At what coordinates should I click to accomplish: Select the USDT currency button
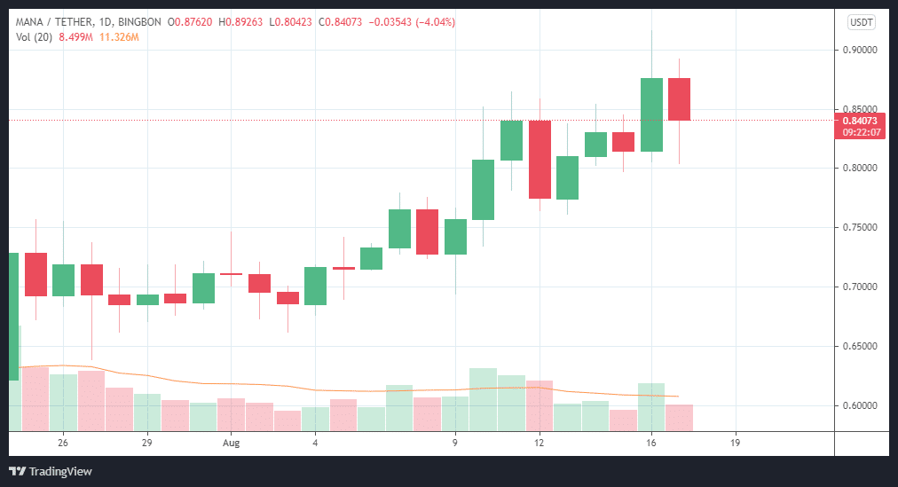(x=861, y=22)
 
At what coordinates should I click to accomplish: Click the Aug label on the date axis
(x=232, y=442)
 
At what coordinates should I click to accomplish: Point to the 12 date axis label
(x=539, y=442)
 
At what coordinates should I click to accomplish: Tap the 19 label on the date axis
(x=735, y=442)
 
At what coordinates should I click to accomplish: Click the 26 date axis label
(x=62, y=442)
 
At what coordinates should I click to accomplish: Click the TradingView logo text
(x=59, y=471)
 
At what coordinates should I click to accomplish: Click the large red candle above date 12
(x=540, y=160)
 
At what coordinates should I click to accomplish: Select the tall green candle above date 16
(x=651, y=114)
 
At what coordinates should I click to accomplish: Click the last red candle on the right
(x=679, y=99)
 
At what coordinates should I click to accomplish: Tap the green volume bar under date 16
(x=651, y=406)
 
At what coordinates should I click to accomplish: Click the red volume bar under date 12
(x=540, y=405)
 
